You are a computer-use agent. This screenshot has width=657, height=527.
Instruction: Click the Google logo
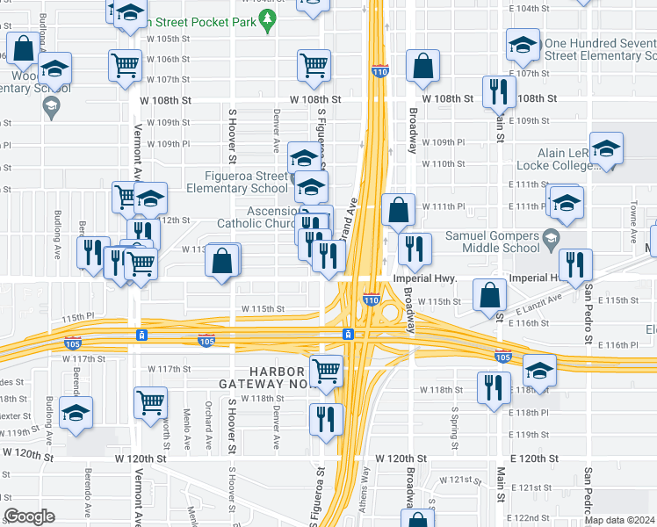29,516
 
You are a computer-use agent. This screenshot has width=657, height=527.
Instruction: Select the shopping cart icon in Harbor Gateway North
327,370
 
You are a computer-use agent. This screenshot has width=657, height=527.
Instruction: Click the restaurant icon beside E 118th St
494,387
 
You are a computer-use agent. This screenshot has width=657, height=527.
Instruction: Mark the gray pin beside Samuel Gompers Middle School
551,236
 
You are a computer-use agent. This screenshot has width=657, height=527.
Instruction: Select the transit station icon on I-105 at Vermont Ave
141,336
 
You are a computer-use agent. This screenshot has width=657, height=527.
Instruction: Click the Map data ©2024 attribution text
620,519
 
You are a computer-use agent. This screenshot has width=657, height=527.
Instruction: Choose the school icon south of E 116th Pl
539,370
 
